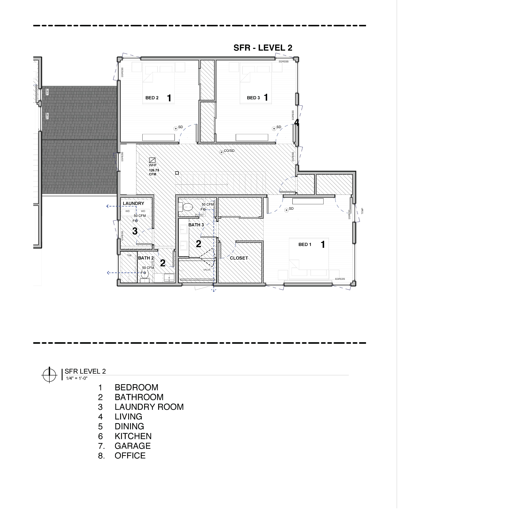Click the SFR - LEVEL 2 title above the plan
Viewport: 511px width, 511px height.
click(x=263, y=48)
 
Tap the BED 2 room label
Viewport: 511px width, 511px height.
click(x=152, y=98)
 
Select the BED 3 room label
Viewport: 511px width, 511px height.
click(x=253, y=98)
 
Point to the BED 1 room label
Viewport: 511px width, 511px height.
click(x=305, y=244)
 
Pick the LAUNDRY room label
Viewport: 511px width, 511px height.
click(x=133, y=203)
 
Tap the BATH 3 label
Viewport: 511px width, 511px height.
click(x=196, y=225)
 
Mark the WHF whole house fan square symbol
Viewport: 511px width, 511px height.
click(x=152, y=160)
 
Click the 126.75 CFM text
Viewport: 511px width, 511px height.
click(x=154, y=172)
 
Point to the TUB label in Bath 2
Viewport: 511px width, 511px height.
click(x=129, y=255)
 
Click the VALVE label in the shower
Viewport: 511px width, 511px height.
click(x=207, y=270)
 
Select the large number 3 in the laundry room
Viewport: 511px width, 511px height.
click(x=135, y=231)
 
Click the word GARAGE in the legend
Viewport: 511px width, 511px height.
click(x=132, y=446)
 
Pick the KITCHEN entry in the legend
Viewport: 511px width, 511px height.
click(x=133, y=436)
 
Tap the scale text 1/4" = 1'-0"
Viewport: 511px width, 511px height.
click(x=77, y=378)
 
